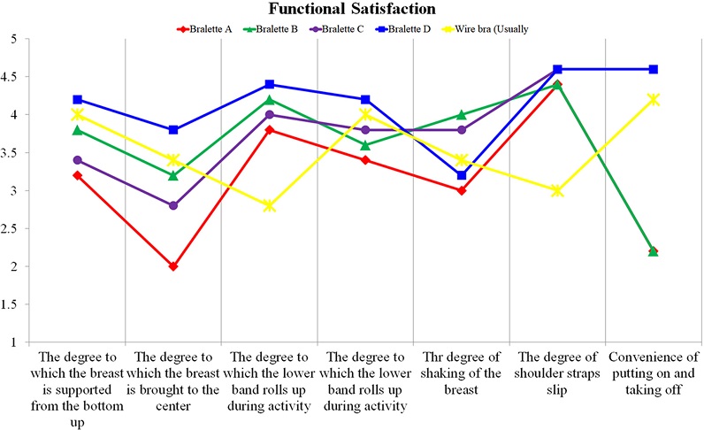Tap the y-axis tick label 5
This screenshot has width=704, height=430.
[x=14, y=39]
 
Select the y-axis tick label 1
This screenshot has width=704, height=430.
[x=14, y=342]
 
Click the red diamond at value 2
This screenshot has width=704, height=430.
[x=173, y=266]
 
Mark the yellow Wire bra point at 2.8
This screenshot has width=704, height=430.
[x=269, y=205]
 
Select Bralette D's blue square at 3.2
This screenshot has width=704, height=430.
[x=461, y=175]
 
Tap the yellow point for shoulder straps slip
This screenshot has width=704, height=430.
[x=557, y=190]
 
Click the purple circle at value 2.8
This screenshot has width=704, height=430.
[x=173, y=205]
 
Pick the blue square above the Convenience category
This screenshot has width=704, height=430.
[x=653, y=69]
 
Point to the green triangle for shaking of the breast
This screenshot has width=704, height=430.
[x=461, y=114]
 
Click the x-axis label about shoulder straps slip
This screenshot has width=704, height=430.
[x=557, y=372]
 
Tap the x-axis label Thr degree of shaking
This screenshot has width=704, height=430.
[x=461, y=372]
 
